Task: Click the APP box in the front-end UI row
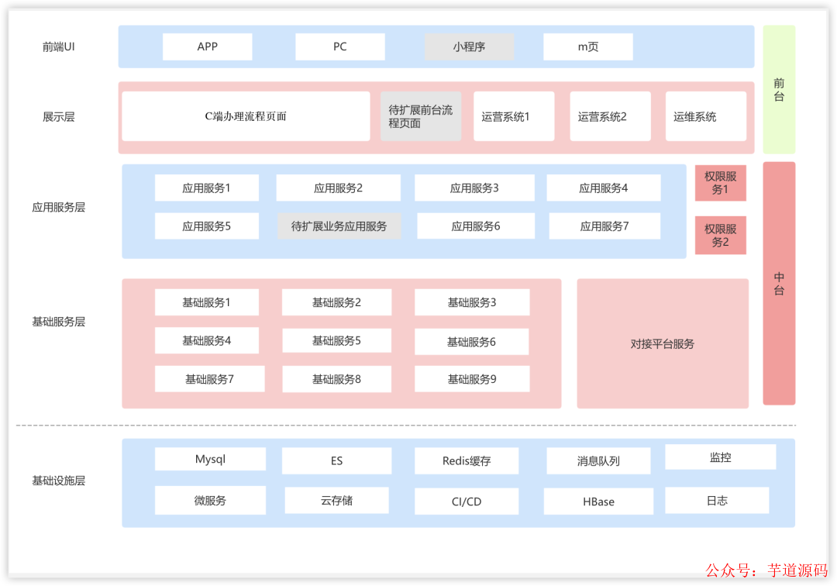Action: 208,47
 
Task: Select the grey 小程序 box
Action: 469,47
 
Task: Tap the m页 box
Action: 588,47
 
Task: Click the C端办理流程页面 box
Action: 246,116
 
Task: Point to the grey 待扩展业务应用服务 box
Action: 339,226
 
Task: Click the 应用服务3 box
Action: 474,188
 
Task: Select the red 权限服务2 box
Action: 720,235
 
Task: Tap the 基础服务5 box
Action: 336,340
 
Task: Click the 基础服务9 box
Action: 472,379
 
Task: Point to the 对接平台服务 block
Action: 663,343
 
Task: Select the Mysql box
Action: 210,459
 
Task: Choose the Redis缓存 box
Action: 467,460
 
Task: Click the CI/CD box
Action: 467,501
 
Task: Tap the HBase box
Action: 598,501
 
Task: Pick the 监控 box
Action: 720,457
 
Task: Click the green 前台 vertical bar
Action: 779,89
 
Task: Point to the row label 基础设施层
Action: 59,481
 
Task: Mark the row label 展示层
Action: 59,117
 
